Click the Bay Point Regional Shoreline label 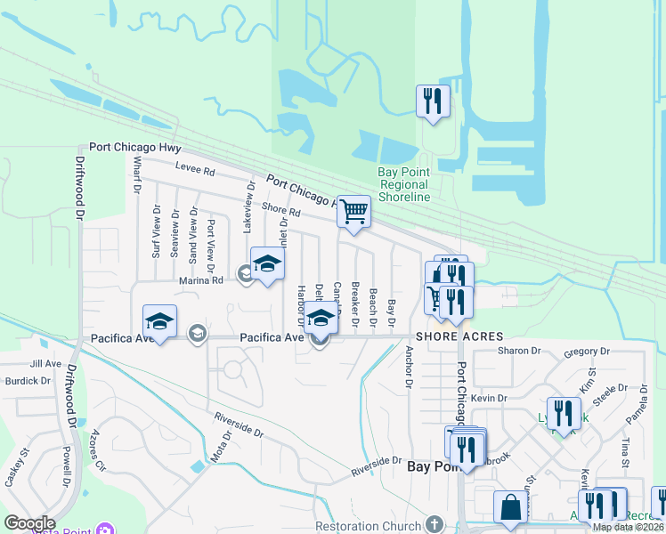pos(404,184)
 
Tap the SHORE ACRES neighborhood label pos(458,336)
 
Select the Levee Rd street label pos(195,170)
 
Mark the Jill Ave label pos(45,363)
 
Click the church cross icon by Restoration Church pos(434,524)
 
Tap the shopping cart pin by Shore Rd pos(354,212)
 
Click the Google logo pos(29,523)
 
